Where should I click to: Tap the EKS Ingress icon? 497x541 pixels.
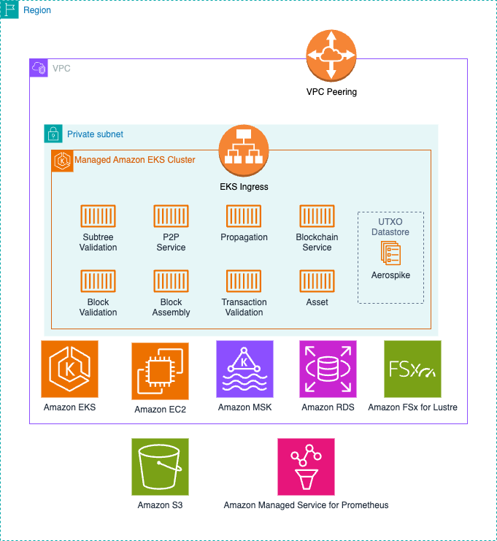point(244,150)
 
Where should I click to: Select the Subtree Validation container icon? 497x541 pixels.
point(98,216)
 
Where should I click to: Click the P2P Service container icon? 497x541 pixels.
point(171,216)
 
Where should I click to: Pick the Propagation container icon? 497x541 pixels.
point(244,216)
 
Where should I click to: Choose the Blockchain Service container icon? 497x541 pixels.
point(317,216)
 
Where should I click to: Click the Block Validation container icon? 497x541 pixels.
point(98,281)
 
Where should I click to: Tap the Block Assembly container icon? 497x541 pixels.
point(171,281)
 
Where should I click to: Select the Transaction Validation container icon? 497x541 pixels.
point(244,281)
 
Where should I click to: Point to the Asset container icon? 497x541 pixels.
point(317,281)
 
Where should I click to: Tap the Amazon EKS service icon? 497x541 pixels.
point(69,369)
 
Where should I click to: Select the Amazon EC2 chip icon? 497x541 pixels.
point(160,371)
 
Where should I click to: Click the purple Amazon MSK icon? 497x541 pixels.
point(244,369)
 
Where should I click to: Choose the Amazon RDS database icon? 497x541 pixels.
point(328,369)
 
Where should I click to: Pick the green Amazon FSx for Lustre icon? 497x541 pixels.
point(412,369)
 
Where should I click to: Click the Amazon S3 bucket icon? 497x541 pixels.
point(160,467)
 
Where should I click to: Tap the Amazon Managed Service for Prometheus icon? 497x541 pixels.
point(306,467)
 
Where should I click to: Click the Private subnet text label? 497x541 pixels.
point(95,134)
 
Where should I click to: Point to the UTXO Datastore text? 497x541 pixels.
point(390,227)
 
